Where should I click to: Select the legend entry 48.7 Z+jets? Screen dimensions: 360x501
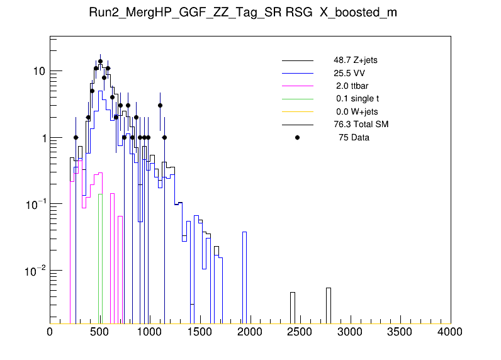(x=356, y=60)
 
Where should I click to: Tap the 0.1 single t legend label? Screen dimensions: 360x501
(x=357, y=99)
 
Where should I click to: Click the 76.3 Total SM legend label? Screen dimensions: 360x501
(x=361, y=125)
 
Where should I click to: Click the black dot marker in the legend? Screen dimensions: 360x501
(x=298, y=137)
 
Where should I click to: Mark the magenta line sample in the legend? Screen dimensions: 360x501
(x=298, y=86)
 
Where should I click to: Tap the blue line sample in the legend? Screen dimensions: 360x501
(x=298, y=73)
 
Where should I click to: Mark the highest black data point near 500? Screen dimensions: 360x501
(x=100, y=62)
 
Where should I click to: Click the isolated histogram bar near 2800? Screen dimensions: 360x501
(x=329, y=305)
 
